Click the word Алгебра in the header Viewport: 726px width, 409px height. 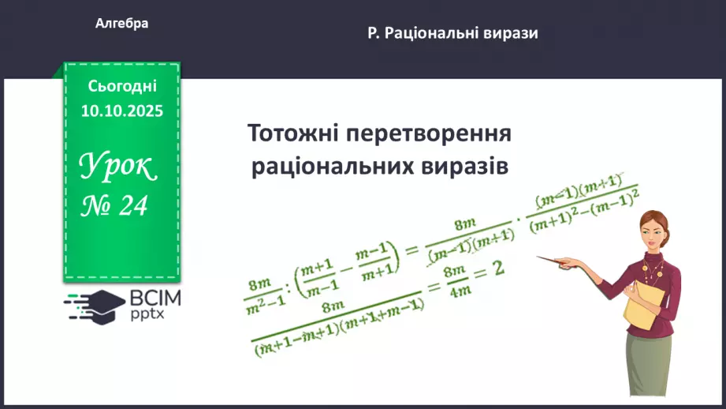click(x=121, y=24)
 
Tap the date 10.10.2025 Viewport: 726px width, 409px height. click(x=121, y=111)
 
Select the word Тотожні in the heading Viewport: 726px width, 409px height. click(x=289, y=133)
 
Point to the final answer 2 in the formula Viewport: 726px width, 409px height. click(x=497, y=269)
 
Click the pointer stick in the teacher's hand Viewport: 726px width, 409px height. click(x=568, y=261)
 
